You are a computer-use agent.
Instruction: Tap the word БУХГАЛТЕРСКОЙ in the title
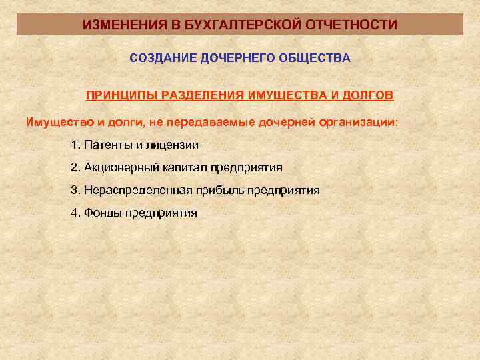(222, 25)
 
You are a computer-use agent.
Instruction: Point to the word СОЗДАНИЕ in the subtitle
(159, 58)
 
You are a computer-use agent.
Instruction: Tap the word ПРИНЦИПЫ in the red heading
(119, 94)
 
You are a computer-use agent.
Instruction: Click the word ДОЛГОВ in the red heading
(368, 94)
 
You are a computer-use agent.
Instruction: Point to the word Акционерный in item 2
(117, 167)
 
